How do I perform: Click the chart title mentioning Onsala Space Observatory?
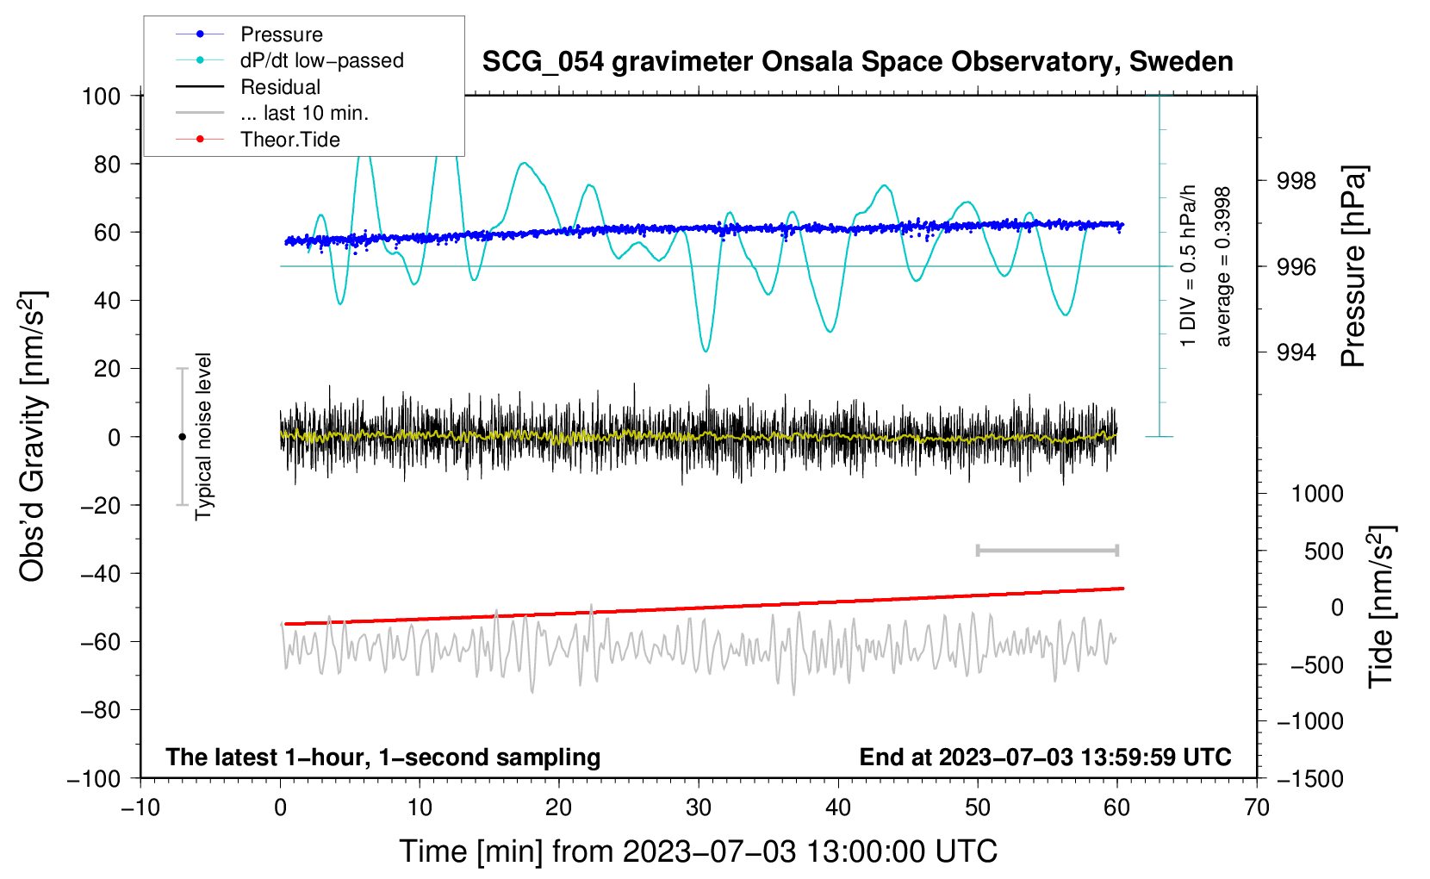pyautogui.click(x=857, y=62)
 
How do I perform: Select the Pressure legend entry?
pyautogui.click(x=281, y=34)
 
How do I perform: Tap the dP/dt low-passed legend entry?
pyautogui.click(x=321, y=60)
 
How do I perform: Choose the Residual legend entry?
pyautogui.click(x=280, y=87)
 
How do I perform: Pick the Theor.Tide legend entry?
pyautogui.click(x=289, y=140)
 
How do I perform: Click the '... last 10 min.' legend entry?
pyautogui.click(x=304, y=113)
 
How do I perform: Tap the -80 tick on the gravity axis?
pyautogui.click(x=100, y=710)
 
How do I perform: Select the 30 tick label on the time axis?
pyautogui.click(x=699, y=808)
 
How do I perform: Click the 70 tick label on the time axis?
pyautogui.click(x=1257, y=808)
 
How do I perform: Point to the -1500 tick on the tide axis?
pyautogui.click(x=1309, y=778)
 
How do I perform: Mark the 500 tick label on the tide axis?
pyautogui.click(x=1323, y=551)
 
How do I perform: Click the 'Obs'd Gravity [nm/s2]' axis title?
pyautogui.click(x=33, y=436)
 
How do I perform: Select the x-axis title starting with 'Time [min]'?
pyautogui.click(x=699, y=851)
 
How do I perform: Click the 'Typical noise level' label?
pyautogui.click(x=203, y=436)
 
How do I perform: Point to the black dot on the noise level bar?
pyautogui.click(x=182, y=437)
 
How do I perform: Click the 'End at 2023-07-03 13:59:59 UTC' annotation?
pyautogui.click(x=1045, y=757)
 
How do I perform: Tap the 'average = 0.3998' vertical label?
pyautogui.click(x=1223, y=266)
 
